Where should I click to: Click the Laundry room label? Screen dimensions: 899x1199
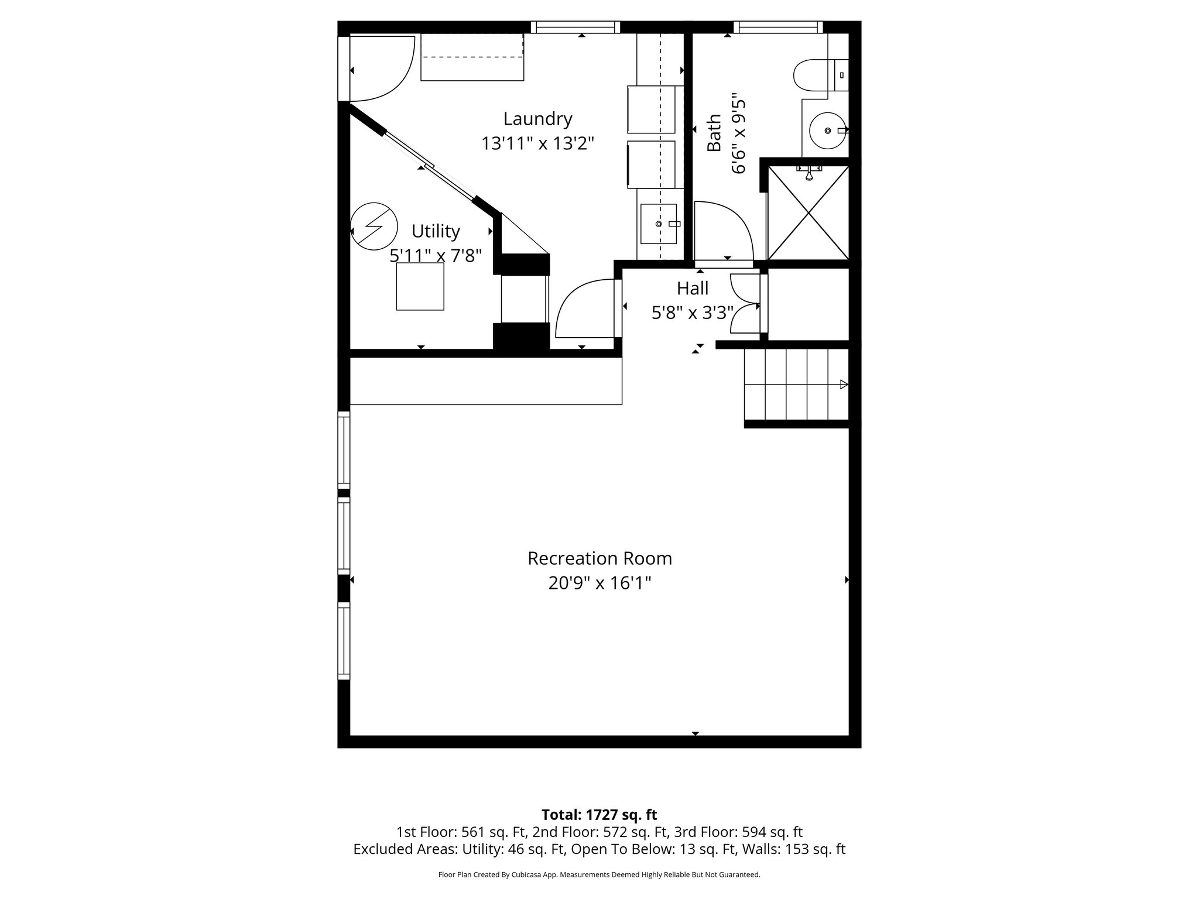(537, 119)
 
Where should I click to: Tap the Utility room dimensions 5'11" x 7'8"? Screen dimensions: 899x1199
(436, 256)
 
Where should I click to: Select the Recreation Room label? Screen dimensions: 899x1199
(599, 558)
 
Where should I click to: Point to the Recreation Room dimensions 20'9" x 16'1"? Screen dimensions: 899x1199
(599, 584)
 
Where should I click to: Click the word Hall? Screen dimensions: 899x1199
(693, 289)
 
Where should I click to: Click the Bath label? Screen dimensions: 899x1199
(714, 133)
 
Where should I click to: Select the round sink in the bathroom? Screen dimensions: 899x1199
(827, 131)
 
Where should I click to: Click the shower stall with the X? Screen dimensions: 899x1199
(808, 213)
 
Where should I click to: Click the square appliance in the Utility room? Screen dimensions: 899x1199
(420, 286)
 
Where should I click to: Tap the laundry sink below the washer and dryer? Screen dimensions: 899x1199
(659, 224)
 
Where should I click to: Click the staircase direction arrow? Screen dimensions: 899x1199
(843, 385)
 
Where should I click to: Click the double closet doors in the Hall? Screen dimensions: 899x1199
(745, 304)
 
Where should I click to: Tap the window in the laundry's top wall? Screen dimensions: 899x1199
(575, 27)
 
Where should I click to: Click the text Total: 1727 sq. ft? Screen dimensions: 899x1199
(599, 815)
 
